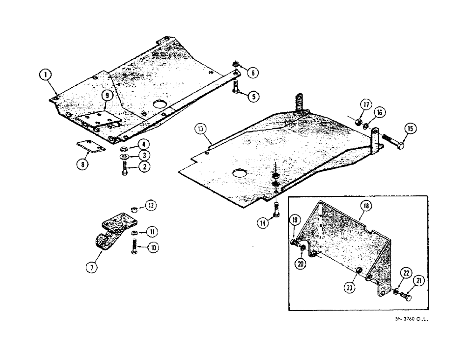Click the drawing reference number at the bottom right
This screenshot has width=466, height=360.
coord(411,320)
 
